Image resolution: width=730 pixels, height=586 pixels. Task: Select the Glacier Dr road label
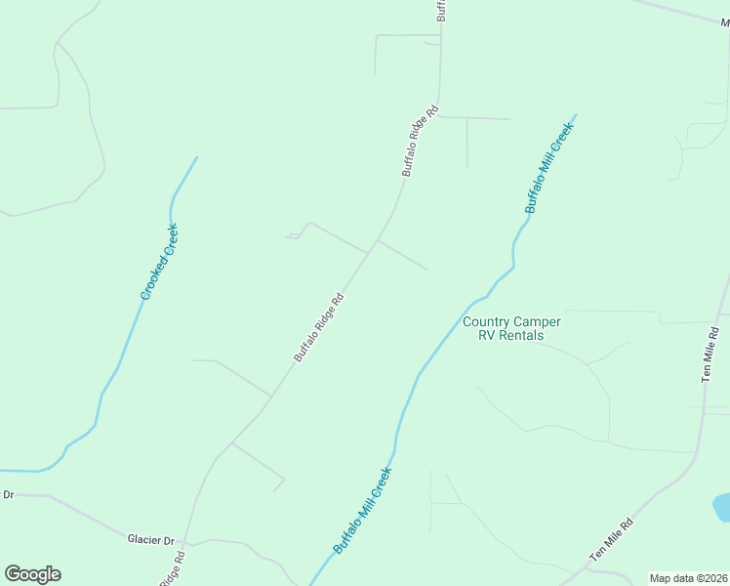tap(150, 539)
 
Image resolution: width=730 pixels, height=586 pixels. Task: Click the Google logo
tap(32, 574)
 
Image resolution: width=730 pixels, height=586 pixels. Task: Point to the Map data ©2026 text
tap(689, 578)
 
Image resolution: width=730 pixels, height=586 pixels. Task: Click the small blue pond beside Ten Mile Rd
tap(722, 507)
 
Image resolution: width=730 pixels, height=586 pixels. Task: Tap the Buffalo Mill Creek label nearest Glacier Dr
tap(362, 511)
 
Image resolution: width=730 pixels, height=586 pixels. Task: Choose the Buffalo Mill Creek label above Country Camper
tap(547, 169)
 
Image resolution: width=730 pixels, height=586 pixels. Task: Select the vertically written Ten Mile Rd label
tap(710, 355)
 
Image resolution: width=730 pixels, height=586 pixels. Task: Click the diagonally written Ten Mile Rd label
tap(612, 538)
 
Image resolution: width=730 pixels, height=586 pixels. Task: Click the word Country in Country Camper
tap(487, 321)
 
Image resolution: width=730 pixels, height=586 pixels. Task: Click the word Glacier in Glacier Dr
tap(143, 539)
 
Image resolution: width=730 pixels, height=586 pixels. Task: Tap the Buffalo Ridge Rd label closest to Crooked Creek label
tap(319, 328)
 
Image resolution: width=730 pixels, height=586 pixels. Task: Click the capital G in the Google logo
tap(14, 574)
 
